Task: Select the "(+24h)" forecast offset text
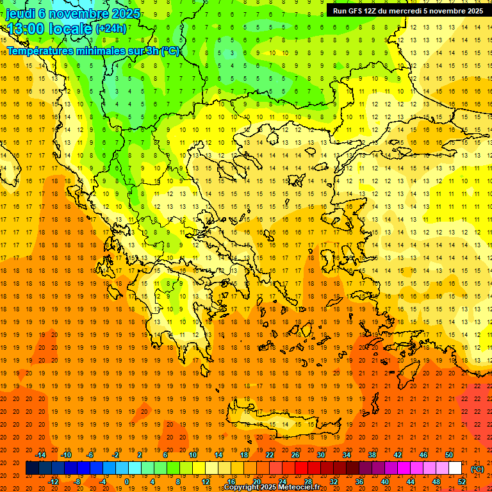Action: click(x=111, y=29)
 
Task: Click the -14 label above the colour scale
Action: click(x=42, y=455)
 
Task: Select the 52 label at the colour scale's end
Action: click(x=462, y=481)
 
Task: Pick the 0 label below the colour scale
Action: click(x=126, y=481)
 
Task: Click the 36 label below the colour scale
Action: click(x=359, y=481)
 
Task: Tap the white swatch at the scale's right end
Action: click(x=455, y=468)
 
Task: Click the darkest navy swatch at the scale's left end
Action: click(x=32, y=468)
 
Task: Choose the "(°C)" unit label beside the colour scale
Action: click(x=477, y=469)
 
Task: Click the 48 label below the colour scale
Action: click(x=436, y=481)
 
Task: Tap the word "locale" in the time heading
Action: click(x=70, y=29)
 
